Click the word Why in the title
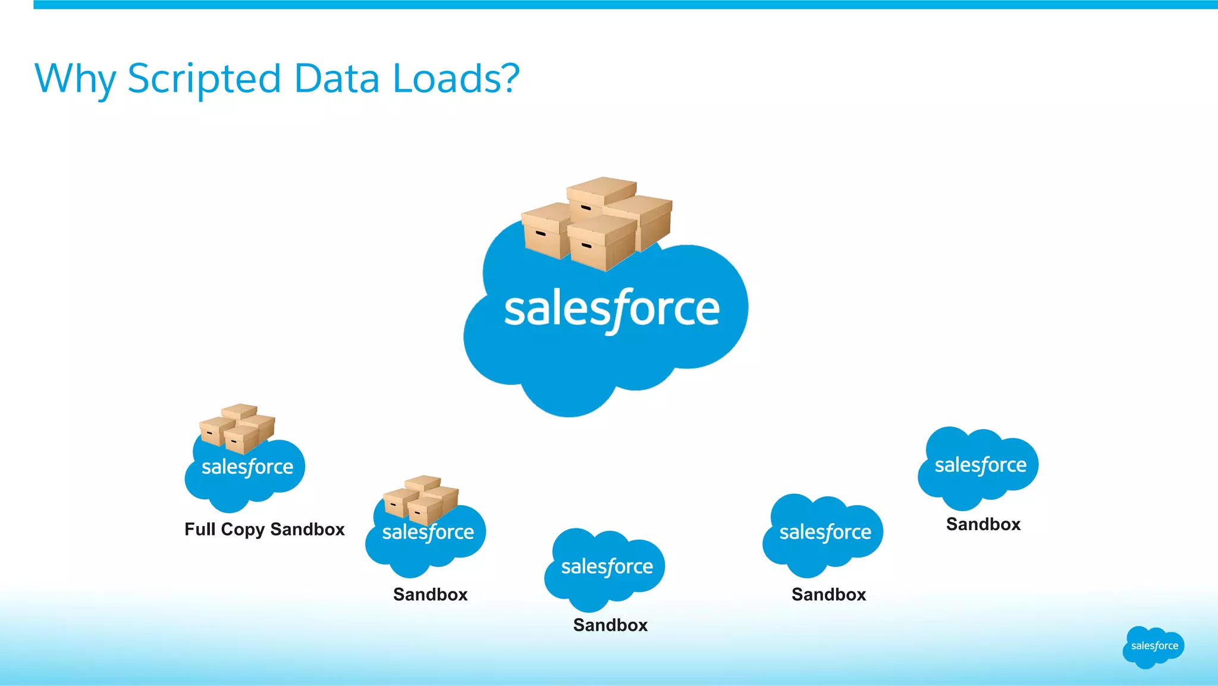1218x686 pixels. coord(75,79)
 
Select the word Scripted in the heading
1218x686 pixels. coord(204,79)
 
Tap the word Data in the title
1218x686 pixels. coord(337,79)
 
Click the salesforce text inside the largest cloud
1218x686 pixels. coord(611,309)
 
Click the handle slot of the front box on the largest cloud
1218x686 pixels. coord(586,245)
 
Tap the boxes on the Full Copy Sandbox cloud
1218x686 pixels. coord(237,428)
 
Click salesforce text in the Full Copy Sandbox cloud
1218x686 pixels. coord(247,467)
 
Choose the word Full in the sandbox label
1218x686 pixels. coord(200,529)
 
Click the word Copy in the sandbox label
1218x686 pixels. coord(243,529)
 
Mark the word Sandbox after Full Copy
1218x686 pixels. coord(307,529)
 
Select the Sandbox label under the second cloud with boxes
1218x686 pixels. coord(431,594)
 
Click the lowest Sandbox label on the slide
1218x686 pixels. coord(610,625)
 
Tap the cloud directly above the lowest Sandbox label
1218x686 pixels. coord(605,568)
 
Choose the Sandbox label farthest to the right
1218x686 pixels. coord(983,524)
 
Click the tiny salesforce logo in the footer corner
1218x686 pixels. coord(1154,647)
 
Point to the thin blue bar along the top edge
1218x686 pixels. coord(624,5)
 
